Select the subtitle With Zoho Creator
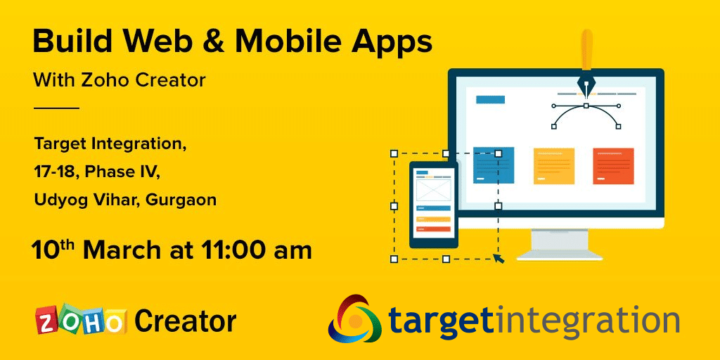coord(119,81)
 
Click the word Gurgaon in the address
coord(181,200)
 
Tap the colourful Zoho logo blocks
coord(81,319)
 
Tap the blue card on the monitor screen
coord(494,165)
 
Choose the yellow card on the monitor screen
coord(554,166)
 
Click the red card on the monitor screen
coord(613,166)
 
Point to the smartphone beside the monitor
coord(433,205)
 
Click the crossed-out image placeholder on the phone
coord(433,190)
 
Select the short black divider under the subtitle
coord(56,108)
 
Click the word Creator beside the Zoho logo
coord(186,321)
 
